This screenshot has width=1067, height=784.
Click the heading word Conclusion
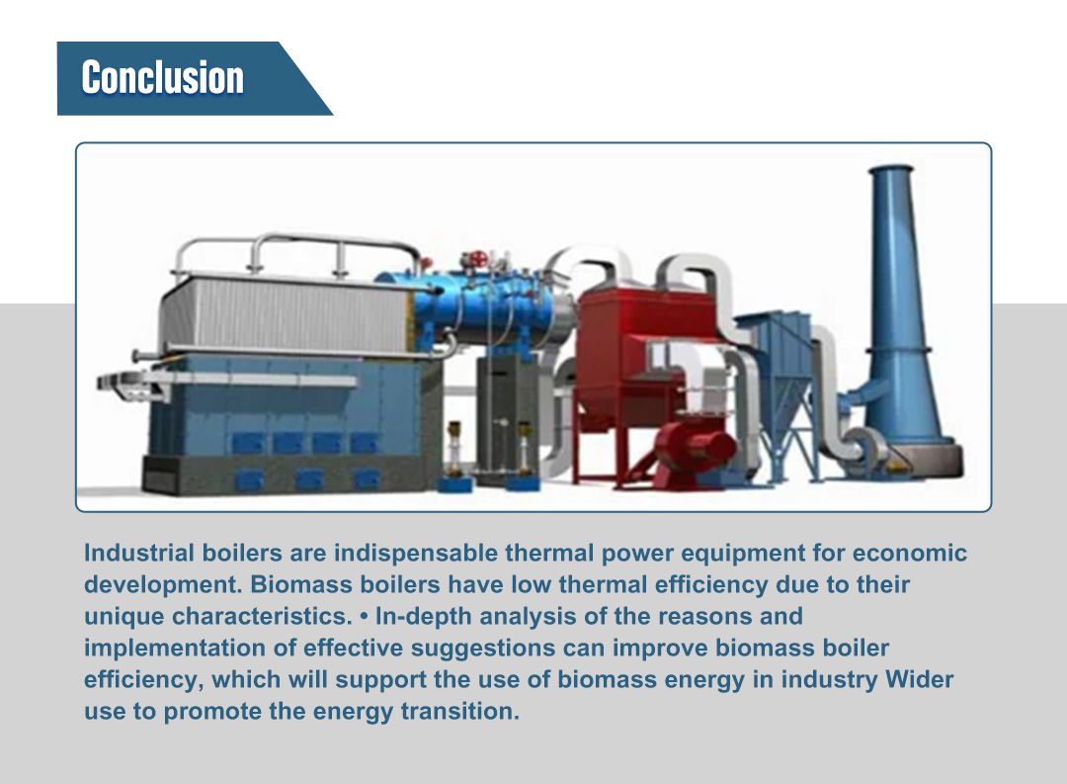[x=162, y=78]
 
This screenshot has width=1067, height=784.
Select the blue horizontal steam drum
[x=464, y=303]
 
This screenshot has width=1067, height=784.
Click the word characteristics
[x=261, y=616]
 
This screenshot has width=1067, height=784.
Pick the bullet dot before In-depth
[x=364, y=616]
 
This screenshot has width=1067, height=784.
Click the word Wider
[x=920, y=680]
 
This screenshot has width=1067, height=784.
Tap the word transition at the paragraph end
[x=465, y=712]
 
